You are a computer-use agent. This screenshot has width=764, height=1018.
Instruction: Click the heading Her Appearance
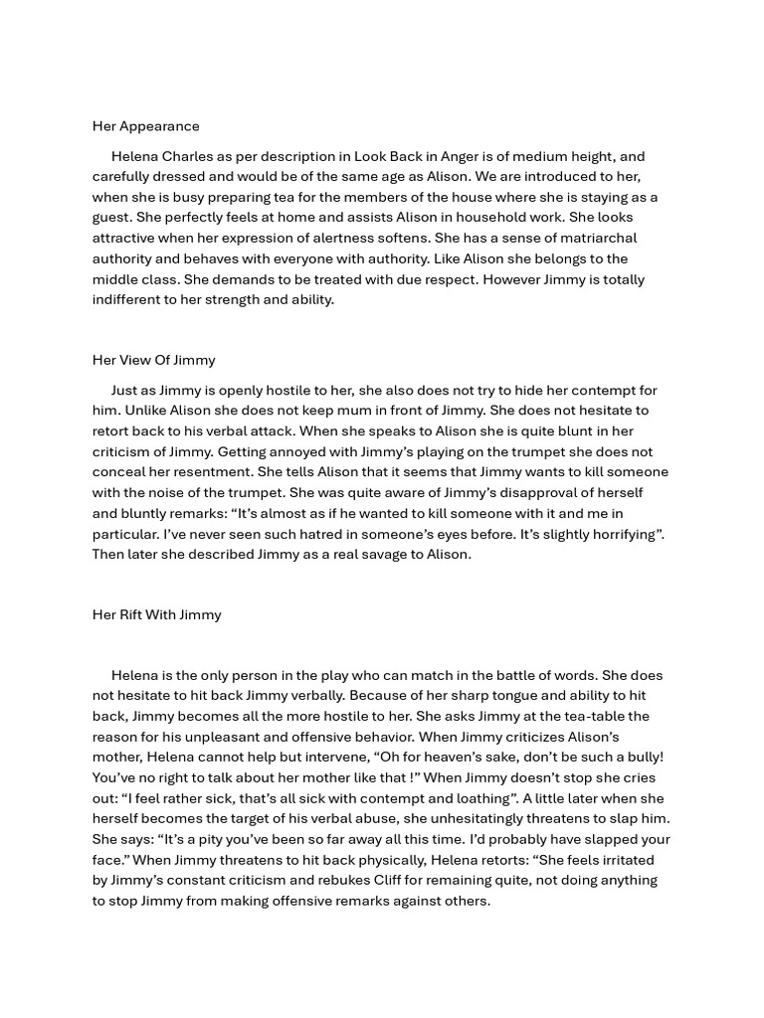tap(145, 126)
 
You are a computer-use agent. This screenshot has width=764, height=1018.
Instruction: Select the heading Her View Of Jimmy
tap(153, 360)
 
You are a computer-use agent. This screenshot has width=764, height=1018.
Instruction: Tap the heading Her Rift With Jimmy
tap(156, 614)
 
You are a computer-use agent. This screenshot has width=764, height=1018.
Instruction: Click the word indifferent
tap(125, 299)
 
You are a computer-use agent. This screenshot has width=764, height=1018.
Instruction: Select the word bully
tap(640, 757)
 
